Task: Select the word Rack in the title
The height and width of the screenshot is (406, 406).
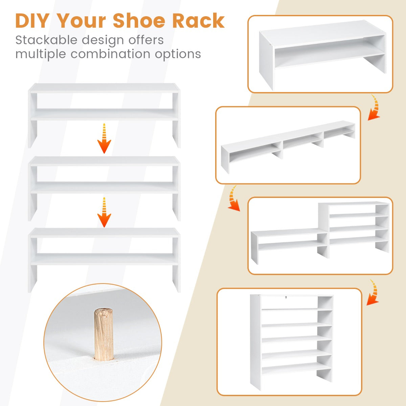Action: click(198, 21)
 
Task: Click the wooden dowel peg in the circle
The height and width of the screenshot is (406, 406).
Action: click(104, 333)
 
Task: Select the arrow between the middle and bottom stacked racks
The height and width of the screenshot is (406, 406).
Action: click(104, 212)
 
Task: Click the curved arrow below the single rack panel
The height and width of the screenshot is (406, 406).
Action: click(374, 108)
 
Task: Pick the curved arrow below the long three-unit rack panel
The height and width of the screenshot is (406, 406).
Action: click(233, 198)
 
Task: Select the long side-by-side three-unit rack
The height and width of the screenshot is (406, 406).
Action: click(288, 145)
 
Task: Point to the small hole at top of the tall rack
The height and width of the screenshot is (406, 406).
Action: click(286, 298)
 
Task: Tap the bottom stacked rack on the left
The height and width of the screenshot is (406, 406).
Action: click(104, 259)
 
